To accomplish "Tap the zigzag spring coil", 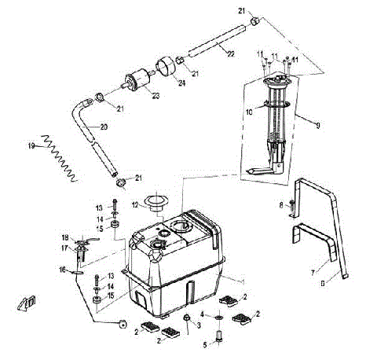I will click(59, 154).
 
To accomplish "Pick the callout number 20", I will click(103, 127).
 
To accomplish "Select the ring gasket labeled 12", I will click(152, 201).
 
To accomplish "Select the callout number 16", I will click(65, 269).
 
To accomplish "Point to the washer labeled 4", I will click(216, 318).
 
